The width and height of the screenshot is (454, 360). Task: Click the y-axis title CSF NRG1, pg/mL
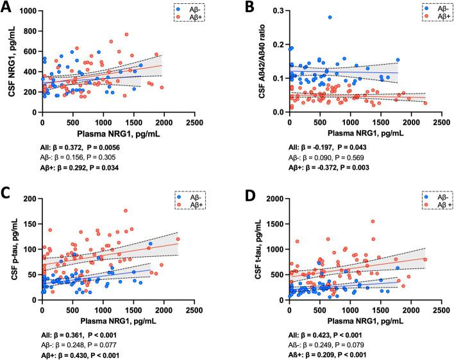[x=8, y=61]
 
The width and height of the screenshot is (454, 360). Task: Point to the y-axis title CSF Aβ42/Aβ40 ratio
[x=256, y=61]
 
